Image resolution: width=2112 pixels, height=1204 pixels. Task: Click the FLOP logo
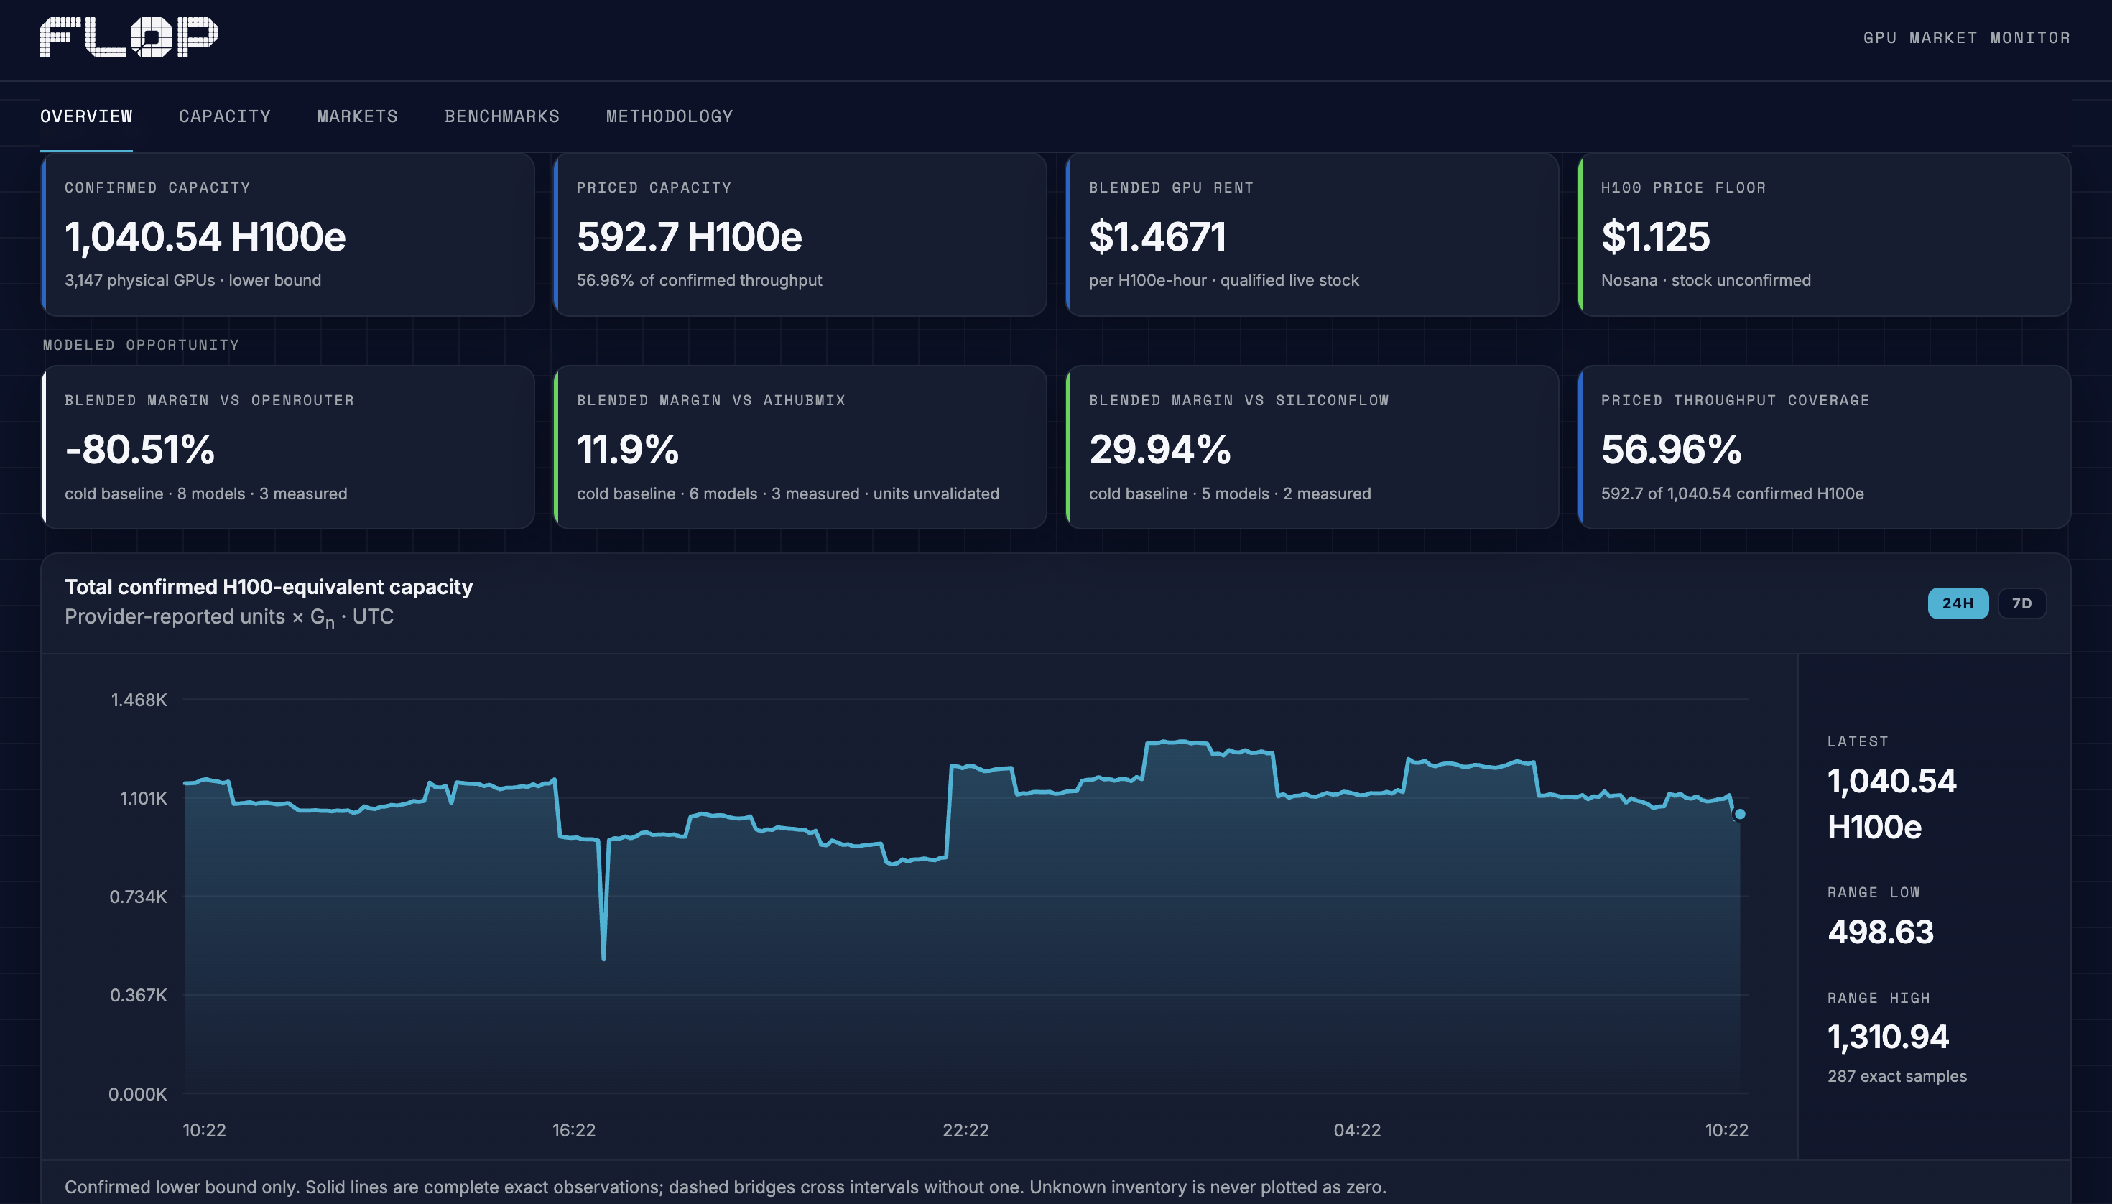tap(129, 37)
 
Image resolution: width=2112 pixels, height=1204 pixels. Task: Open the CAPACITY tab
tap(225, 116)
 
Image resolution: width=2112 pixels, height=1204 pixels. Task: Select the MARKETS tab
tap(357, 116)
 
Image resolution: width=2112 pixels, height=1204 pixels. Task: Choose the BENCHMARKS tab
tap(502, 116)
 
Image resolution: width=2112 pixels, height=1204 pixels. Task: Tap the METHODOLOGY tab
tap(669, 116)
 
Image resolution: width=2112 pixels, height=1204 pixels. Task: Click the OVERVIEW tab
tap(86, 116)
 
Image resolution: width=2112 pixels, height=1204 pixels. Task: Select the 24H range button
tap(1958, 603)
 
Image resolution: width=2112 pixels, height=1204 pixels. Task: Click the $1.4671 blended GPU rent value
tap(1157, 236)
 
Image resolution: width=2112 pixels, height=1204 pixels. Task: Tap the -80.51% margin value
tap(140, 450)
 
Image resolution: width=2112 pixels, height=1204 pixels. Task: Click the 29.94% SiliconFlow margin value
tap(1159, 450)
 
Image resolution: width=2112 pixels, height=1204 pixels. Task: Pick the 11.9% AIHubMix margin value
tap(628, 450)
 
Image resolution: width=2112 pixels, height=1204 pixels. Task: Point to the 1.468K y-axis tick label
tap(139, 700)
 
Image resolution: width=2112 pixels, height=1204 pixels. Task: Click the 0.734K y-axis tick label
tap(138, 897)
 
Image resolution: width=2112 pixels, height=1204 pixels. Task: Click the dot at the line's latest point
tap(1740, 814)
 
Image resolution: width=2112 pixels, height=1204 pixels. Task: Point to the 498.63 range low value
tap(1881, 932)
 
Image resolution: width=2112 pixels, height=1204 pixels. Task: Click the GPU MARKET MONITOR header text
tap(1966, 38)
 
